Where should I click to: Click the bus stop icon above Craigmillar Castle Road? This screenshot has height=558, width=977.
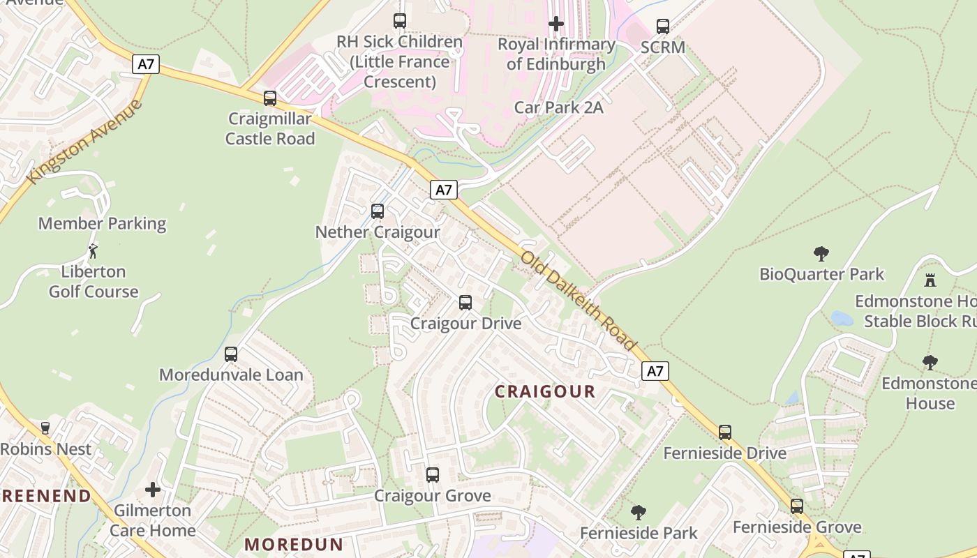[270, 98]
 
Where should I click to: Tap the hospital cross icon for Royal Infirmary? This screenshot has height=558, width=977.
[556, 24]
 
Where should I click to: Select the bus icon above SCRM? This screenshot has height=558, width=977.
[663, 27]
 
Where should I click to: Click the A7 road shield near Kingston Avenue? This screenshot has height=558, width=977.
[145, 64]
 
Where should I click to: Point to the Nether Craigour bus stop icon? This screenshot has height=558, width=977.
[378, 211]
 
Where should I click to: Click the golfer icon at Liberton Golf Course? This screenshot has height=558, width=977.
[93, 251]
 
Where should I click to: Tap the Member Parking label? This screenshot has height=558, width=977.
[102, 224]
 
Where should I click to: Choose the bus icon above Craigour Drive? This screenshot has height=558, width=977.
[465, 303]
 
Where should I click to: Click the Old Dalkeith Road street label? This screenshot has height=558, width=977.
[578, 301]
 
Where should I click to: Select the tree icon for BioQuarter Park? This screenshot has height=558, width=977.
[821, 254]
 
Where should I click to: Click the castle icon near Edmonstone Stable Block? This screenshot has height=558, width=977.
[930, 280]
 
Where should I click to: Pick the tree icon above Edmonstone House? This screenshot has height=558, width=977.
[930, 363]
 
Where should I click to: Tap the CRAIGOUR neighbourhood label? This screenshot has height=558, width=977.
[545, 392]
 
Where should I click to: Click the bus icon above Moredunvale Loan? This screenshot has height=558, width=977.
[231, 354]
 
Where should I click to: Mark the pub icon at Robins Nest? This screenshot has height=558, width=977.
[45, 428]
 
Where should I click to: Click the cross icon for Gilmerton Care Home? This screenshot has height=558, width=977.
[153, 490]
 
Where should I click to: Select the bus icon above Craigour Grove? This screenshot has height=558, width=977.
[433, 475]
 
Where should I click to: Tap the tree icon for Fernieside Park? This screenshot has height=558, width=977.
[638, 513]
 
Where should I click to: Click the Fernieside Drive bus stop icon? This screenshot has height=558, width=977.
[725, 432]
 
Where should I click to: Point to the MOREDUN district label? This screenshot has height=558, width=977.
[294, 545]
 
